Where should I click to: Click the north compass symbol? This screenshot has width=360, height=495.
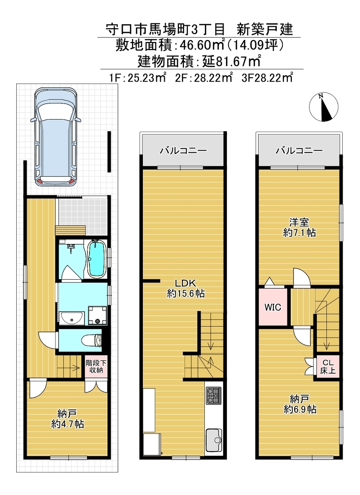tap(323, 107)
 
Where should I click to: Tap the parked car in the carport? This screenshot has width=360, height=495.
tap(55, 137)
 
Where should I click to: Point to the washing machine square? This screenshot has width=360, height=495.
tap(98, 315)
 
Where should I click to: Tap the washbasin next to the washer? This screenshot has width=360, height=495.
tap(72, 317)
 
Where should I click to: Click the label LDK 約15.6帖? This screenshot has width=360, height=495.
tap(186, 288)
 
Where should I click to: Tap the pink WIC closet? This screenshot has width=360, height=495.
tap(272, 306)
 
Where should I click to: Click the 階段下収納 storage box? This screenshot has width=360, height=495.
tap(96, 366)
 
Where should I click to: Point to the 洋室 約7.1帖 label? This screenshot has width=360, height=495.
tap(299, 227)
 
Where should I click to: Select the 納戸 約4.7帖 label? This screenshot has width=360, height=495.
tap(67, 419)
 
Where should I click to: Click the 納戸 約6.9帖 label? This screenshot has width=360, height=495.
tap(300, 404)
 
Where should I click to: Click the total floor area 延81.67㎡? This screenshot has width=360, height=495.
tap(231, 61)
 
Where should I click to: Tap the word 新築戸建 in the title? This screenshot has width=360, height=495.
tap(265, 29)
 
